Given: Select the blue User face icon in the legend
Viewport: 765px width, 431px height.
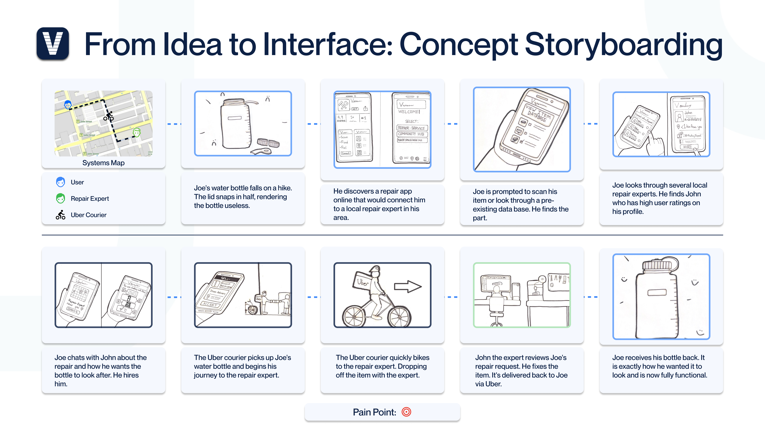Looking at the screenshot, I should tap(61, 182).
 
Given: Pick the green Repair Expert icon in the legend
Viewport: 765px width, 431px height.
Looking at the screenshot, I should tap(61, 198).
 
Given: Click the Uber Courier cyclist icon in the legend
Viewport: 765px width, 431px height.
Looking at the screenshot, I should tap(61, 215).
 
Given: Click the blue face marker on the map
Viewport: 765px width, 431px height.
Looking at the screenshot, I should tap(68, 104).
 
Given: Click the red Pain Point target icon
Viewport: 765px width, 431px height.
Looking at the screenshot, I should tap(406, 412).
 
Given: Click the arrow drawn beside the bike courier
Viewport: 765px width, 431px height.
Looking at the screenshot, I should tap(407, 286).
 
